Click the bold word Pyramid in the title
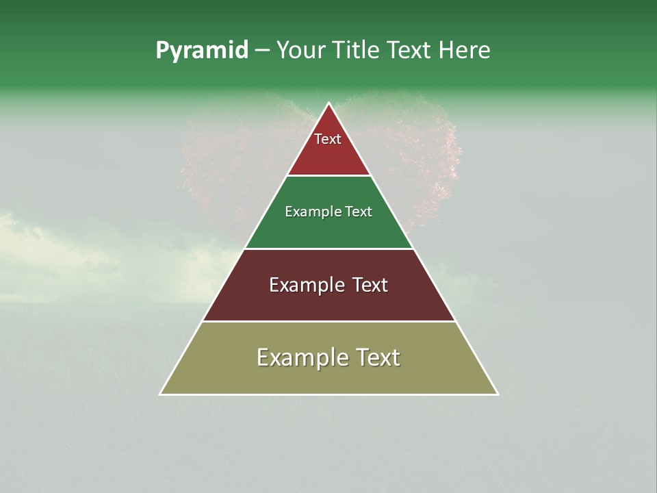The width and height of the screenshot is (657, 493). [x=201, y=51]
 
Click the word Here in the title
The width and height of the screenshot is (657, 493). [x=464, y=51]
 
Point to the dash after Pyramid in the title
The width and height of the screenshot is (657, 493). [x=262, y=51]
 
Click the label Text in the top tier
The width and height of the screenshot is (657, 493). [x=328, y=139]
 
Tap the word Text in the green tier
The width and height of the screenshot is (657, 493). [x=358, y=212]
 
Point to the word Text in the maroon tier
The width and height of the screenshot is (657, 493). [x=369, y=285]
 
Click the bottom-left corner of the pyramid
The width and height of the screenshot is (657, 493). [x=161, y=394]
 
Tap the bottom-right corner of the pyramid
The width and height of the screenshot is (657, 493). [x=498, y=394]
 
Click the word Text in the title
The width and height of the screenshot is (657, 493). [x=409, y=51]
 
